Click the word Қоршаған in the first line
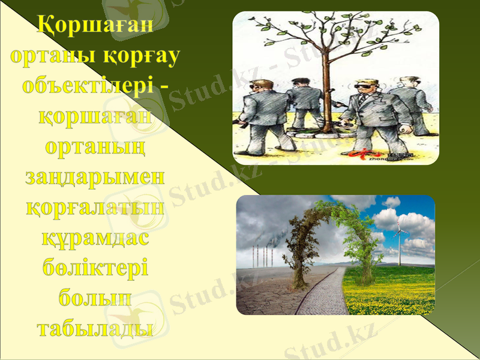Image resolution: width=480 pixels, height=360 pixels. tap(95, 26)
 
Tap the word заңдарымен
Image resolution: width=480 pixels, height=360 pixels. tap(95, 177)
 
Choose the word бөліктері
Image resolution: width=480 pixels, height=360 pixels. tap(95, 268)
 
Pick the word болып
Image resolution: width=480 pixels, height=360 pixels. tap(95, 298)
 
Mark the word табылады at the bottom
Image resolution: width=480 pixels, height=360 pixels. tap(95, 328)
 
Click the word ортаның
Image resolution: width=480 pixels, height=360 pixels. tap(95, 147)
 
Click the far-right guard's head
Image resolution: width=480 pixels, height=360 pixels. tap(411, 83)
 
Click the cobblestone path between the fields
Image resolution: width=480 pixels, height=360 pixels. tap(321, 294)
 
